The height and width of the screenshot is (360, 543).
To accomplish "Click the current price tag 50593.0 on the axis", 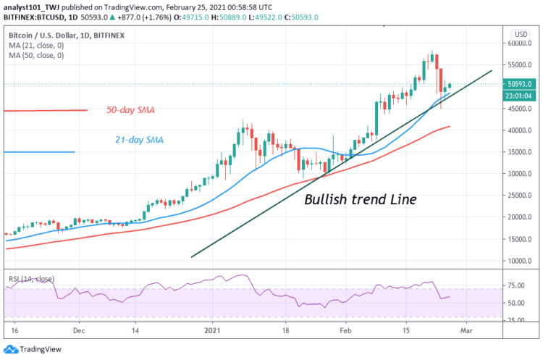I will pos(519,85).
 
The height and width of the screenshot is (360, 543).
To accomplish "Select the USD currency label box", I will pos(518,34).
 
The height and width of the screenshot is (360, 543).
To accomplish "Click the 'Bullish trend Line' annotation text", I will pos(360,199).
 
